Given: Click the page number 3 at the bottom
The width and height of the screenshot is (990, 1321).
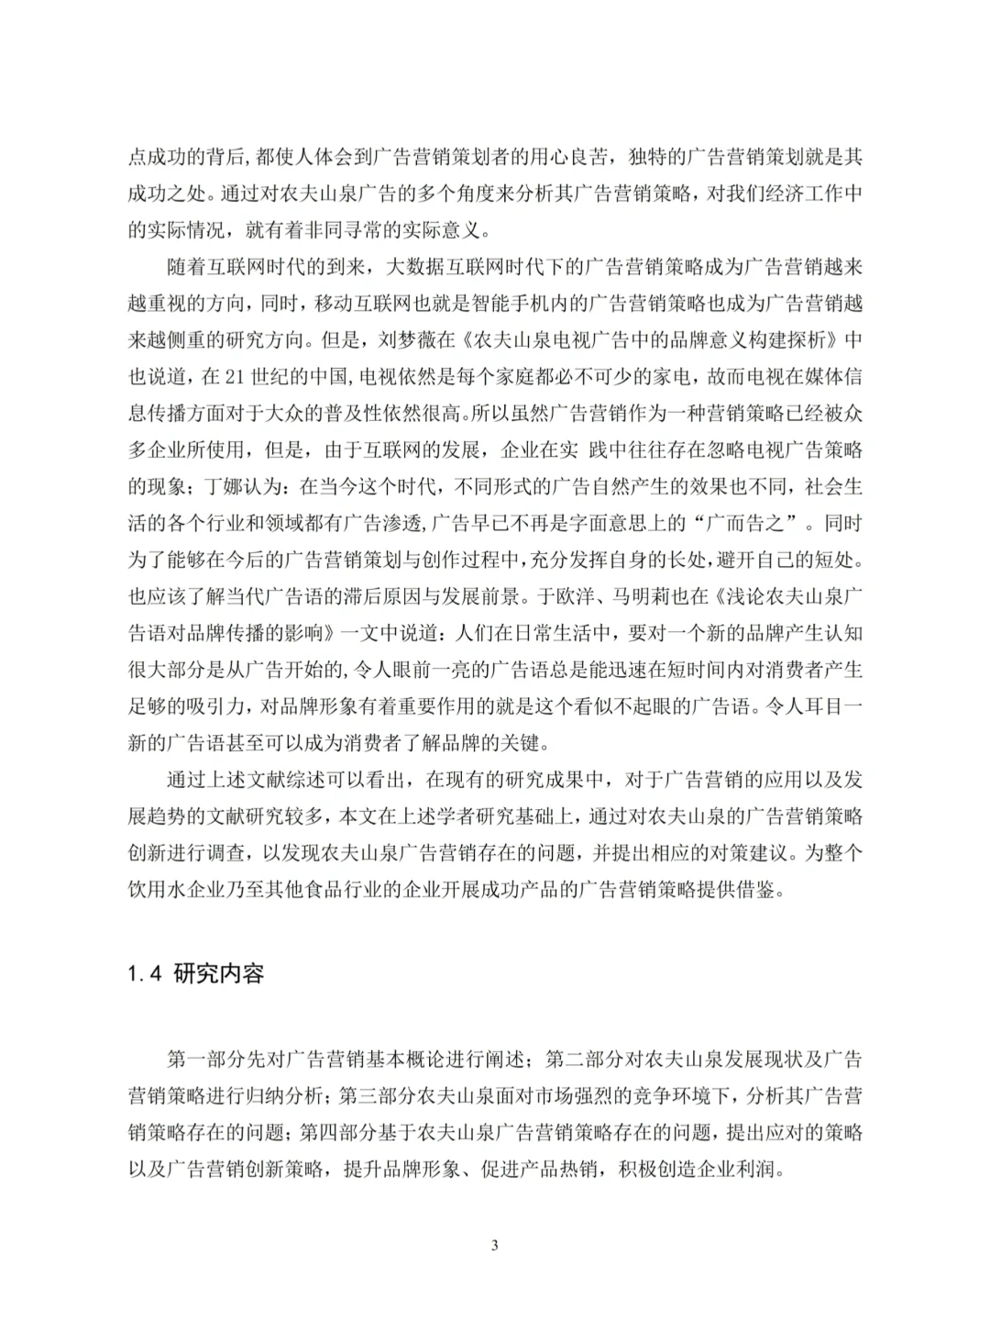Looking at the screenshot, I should point(495,1245).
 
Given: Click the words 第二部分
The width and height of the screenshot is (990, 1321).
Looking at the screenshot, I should point(584,1060).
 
